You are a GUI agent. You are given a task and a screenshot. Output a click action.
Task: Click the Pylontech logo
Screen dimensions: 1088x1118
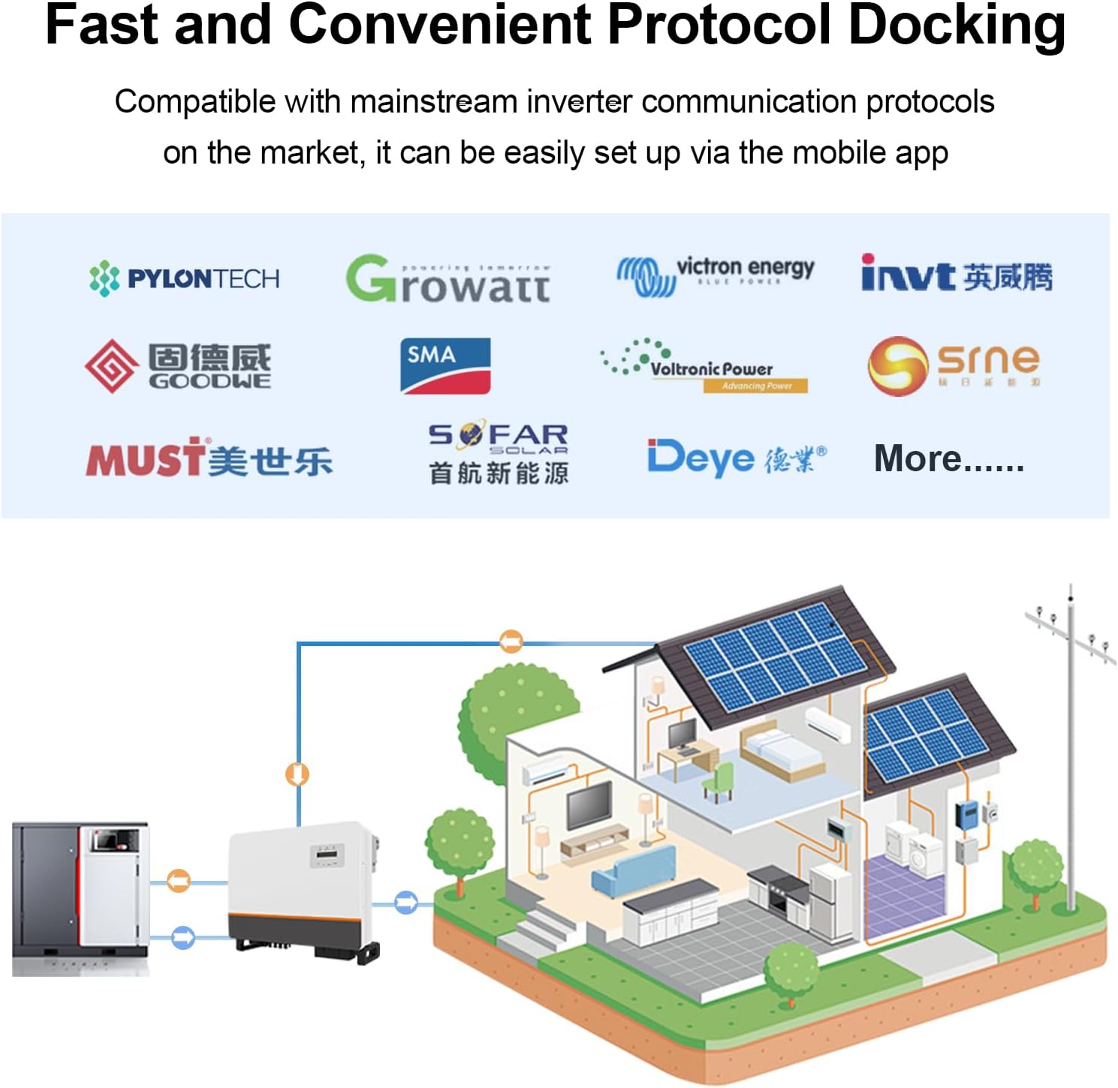[x=184, y=278]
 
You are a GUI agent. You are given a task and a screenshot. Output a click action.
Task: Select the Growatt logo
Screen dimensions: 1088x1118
[x=448, y=279]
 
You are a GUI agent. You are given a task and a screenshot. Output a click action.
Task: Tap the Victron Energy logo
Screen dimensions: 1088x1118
[x=715, y=274]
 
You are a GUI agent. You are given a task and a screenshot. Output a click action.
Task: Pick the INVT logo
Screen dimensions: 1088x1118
[x=956, y=275]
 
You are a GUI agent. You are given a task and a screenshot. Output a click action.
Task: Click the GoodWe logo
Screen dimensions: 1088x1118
[x=179, y=366]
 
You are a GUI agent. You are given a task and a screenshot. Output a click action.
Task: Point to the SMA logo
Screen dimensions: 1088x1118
[x=445, y=365]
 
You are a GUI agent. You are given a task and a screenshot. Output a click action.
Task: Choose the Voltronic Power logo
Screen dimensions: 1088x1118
[x=704, y=367]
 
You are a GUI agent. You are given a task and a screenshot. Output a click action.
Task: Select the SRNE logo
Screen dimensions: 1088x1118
[x=954, y=365]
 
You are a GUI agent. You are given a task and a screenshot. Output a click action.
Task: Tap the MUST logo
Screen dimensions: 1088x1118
[x=209, y=458]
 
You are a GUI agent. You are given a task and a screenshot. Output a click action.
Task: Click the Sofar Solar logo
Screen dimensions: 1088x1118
[x=498, y=453]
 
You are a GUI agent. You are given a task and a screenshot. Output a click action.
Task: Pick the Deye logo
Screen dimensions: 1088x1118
[x=737, y=457]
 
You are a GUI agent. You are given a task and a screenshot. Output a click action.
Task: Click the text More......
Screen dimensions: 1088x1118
[x=948, y=458]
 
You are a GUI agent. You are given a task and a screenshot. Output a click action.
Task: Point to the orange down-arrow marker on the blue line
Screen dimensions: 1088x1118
[x=298, y=774]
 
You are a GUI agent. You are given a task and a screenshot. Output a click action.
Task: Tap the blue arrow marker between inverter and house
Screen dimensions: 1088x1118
[x=405, y=902]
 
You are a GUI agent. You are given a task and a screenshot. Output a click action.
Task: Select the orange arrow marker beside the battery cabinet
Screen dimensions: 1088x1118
[x=178, y=880]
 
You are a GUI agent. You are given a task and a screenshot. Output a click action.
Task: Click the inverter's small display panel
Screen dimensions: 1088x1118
[x=327, y=855]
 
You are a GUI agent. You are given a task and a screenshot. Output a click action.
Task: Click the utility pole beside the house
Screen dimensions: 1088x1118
[x=1071, y=750]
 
